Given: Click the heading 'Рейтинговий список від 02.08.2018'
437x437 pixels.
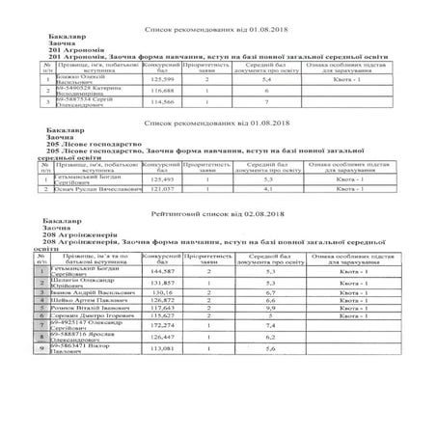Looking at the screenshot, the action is (217, 211).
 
